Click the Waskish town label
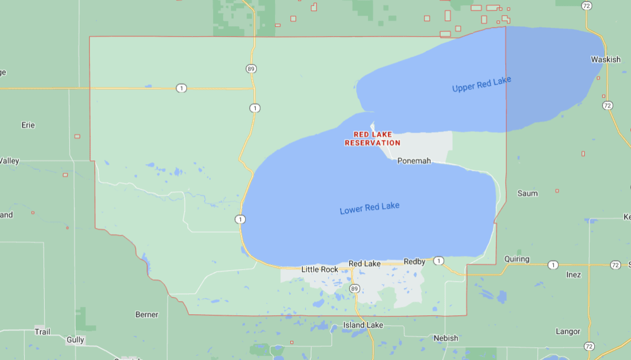[x=605, y=59]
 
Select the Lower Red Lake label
[x=370, y=208]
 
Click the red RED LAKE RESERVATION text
[x=373, y=138]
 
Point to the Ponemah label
[x=414, y=160]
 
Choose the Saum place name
[x=527, y=193]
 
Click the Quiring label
[x=516, y=259]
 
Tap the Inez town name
[x=574, y=274]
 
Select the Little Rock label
[x=320, y=270]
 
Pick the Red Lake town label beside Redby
[x=364, y=263]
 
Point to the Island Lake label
[x=363, y=325]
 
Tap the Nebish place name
[x=445, y=338]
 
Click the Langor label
[x=568, y=332]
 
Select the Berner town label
[x=147, y=314]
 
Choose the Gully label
[x=75, y=340]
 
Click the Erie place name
[x=28, y=125]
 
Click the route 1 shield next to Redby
[x=439, y=261]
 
